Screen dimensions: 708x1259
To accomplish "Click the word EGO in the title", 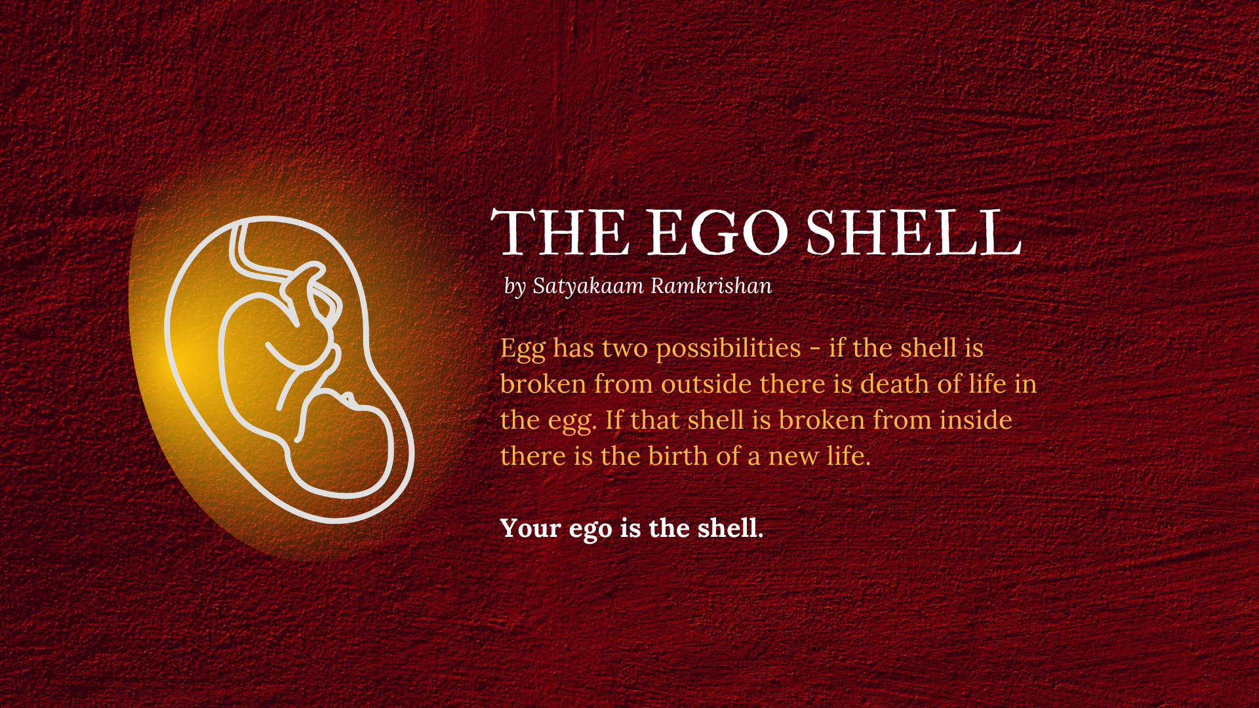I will [x=717, y=233].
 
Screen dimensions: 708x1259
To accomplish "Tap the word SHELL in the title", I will [x=913, y=233].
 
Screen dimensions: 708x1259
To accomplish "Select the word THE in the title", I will [x=560, y=233].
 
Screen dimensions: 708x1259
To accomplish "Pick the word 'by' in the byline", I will [x=515, y=287].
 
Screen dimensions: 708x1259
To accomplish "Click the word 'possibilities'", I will [x=729, y=349].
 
